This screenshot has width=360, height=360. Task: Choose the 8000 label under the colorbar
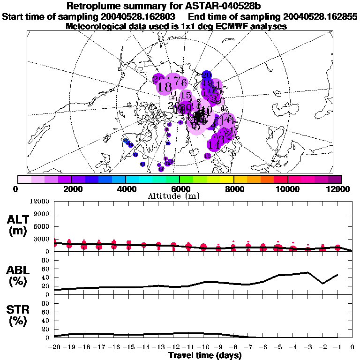click(233, 189)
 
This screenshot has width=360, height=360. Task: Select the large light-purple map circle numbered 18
click(165, 87)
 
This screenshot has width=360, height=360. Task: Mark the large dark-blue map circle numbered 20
click(207, 75)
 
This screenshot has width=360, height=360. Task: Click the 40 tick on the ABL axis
click(46, 277)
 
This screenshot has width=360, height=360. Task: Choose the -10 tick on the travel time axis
click(203, 347)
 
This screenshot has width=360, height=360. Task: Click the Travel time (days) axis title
click(205, 356)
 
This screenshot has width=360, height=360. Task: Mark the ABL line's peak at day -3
click(307, 272)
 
